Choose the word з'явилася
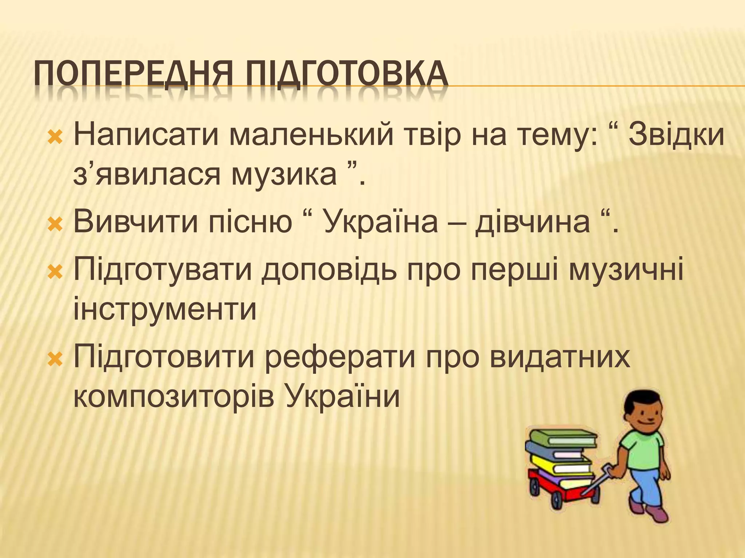click(147, 174)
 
